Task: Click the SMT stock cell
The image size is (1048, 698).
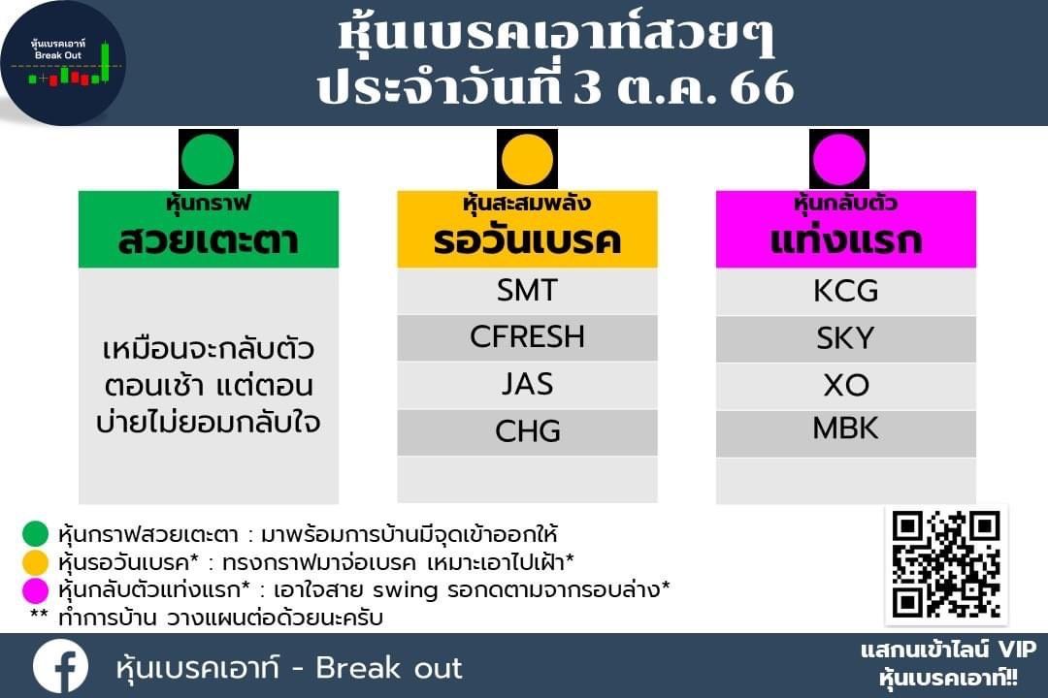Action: pos(527,291)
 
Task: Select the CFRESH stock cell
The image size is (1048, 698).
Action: pos(527,338)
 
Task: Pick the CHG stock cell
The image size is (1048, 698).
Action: pos(527,432)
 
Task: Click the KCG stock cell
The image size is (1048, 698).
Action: pos(845,291)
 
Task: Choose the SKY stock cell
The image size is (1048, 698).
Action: pos(845,338)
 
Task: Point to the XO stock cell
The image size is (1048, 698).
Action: pos(845,386)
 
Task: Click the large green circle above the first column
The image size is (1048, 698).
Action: pos(208,160)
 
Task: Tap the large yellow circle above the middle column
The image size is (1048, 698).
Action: pos(527,160)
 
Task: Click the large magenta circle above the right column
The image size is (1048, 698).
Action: pos(838,160)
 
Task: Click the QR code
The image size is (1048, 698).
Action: pos(946,564)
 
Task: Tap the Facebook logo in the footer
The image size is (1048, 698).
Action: pos(60,667)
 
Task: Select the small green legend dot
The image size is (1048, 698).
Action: pos(36,534)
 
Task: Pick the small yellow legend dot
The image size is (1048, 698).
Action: pos(36,561)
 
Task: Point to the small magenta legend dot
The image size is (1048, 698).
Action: pos(36,589)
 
